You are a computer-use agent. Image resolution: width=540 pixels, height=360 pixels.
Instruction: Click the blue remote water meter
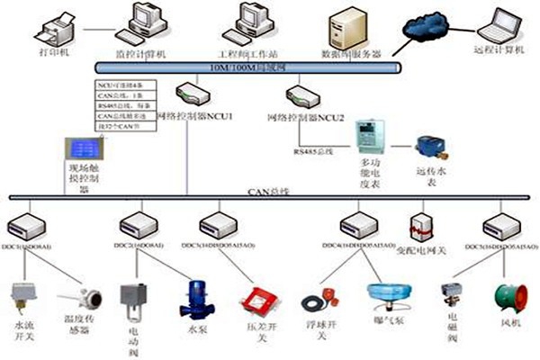(426, 144)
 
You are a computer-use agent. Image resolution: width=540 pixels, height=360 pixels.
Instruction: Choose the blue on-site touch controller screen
(80, 148)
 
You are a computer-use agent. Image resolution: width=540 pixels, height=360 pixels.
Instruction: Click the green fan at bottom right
(502, 301)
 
